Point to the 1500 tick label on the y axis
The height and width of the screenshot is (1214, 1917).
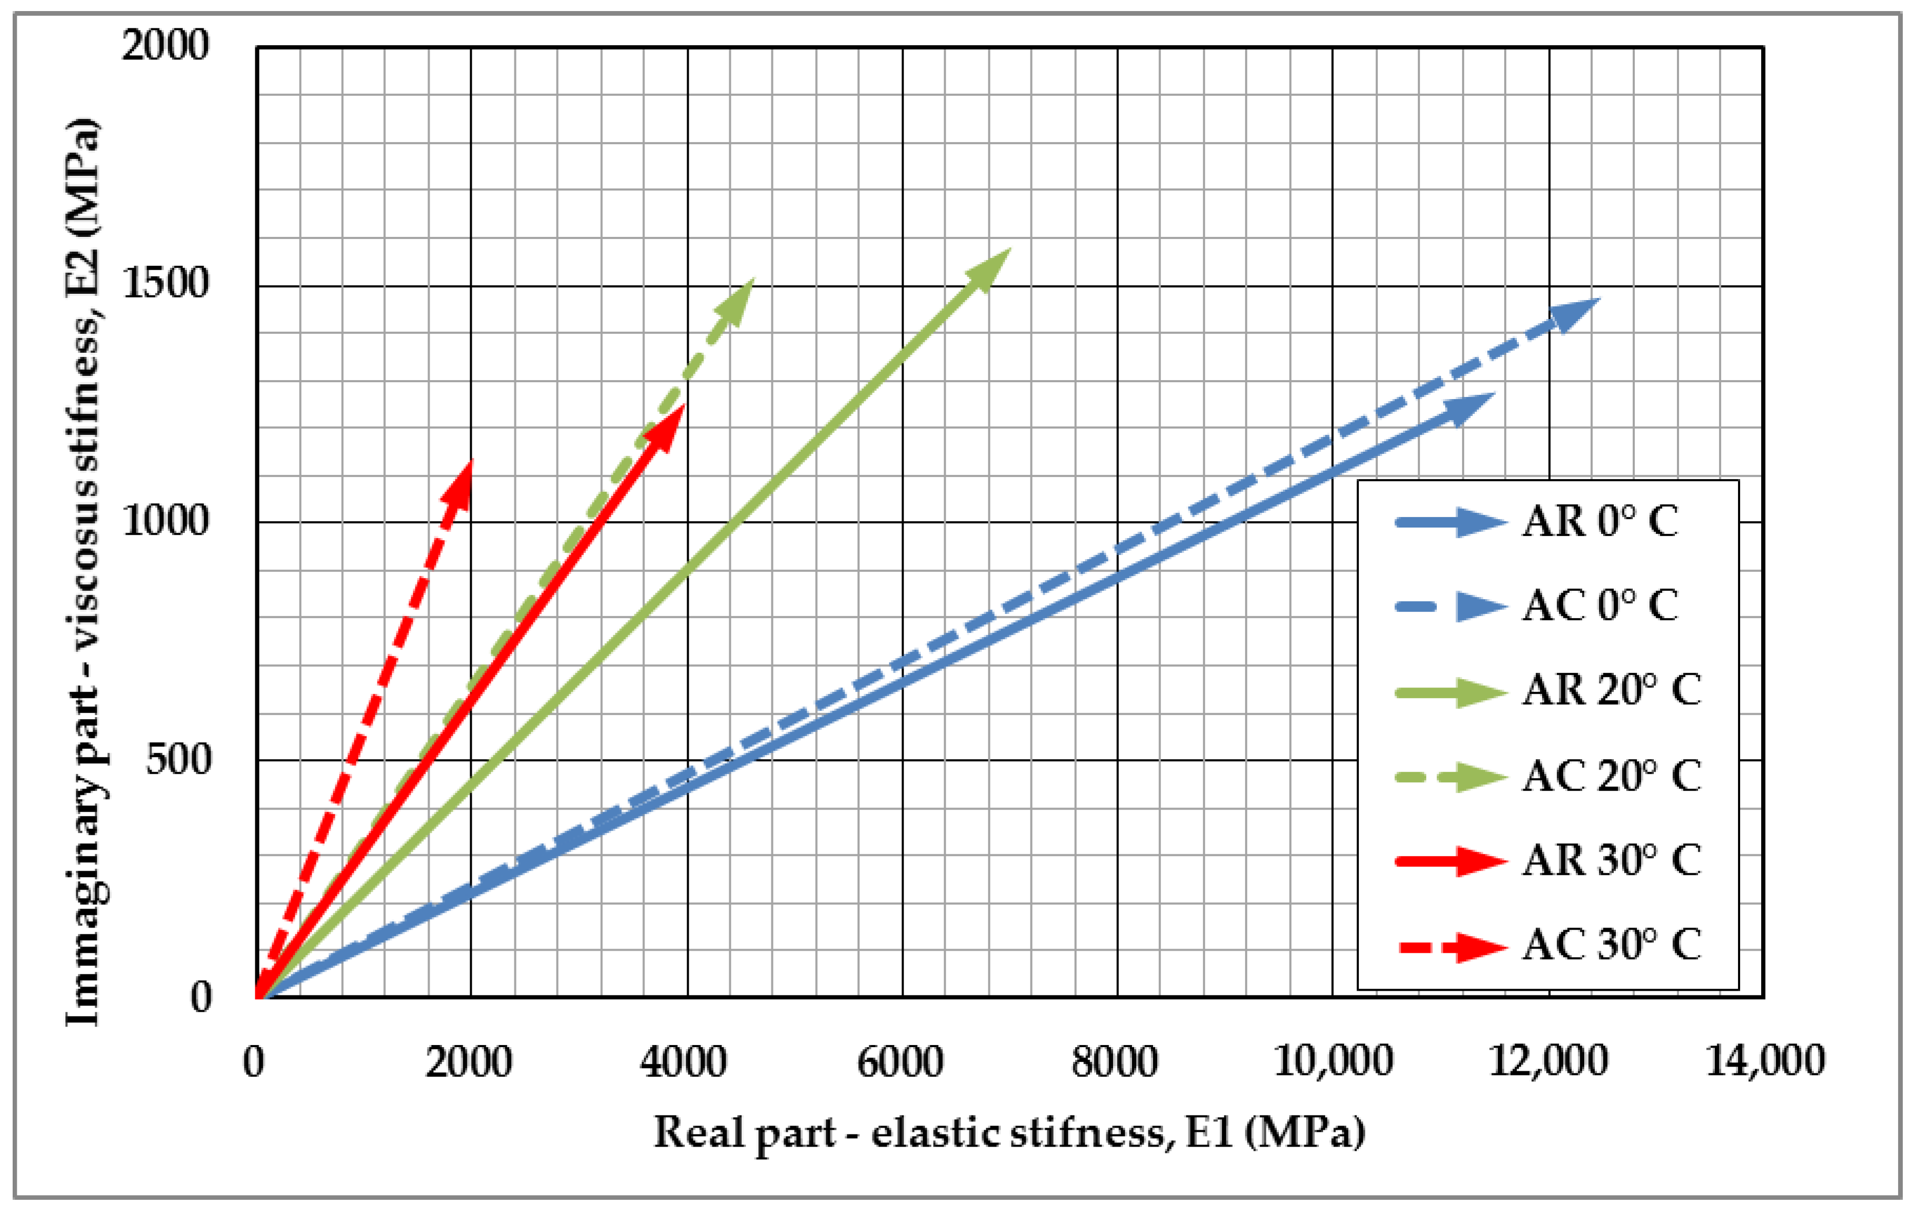tap(166, 283)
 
